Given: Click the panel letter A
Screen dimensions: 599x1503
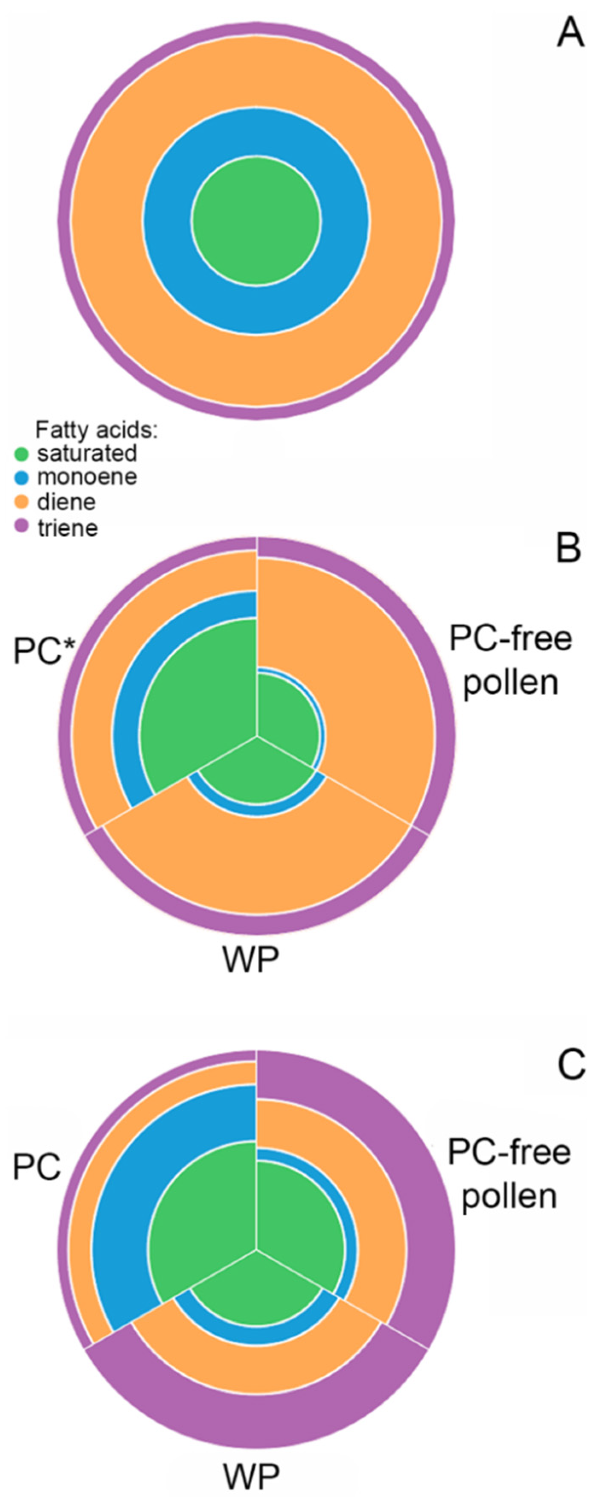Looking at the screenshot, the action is [570, 33].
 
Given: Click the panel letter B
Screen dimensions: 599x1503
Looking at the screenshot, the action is [568, 548].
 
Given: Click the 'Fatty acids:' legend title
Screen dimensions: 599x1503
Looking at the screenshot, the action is [96, 430].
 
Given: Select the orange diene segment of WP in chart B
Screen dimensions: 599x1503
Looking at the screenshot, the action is [257, 863].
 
